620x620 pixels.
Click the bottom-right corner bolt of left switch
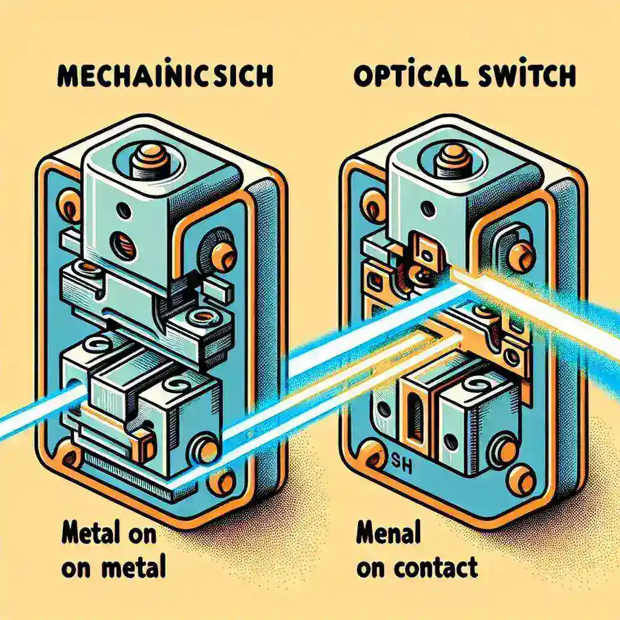225,482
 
